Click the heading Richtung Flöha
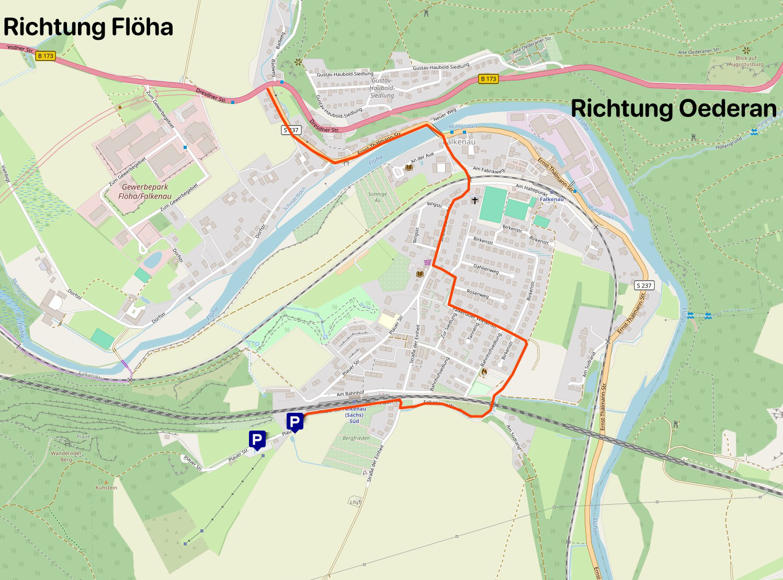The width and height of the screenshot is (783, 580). pyautogui.click(x=88, y=27)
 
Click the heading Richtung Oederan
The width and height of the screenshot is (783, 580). pyautogui.click(x=674, y=109)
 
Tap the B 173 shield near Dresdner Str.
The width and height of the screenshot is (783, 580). pyautogui.click(x=46, y=55)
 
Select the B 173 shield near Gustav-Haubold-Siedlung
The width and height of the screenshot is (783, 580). pyautogui.click(x=489, y=79)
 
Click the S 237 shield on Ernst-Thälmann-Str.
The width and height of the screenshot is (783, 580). pyautogui.click(x=644, y=285)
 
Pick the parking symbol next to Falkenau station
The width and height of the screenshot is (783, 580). pyautogui.click(x=295, y=422)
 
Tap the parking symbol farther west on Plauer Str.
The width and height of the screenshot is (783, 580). pyautogui.click(x=257, y=439)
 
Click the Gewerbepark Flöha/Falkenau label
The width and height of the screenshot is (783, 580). pyautogui.click(x=145, y=191)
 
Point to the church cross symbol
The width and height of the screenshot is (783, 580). pyautogui.click(x=475, y=200)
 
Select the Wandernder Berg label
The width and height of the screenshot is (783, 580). pyautogui.click(x=66, y=456)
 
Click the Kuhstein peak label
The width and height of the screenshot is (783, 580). pyautogui.click(x=106, y=487)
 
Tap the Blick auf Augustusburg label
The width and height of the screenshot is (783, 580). pyautogui.click(x=746, y=61)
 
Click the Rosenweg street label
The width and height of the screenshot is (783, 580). pyautogui.click(x=478, y=294)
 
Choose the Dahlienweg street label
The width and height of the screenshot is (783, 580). pyautogui.click(x=486, y=269)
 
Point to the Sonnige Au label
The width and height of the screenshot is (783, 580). pyautogui.click(x=378, y=196)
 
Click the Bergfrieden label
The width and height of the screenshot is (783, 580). pyautogui.click(x=356, y=438)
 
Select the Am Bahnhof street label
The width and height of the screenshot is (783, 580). pyautogui.click(x=350, y=393)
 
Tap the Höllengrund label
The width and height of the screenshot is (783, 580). pyautogui.click(x=729, y=143)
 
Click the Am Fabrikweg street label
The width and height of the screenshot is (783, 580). pyautogui.click(x=489, y=169)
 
